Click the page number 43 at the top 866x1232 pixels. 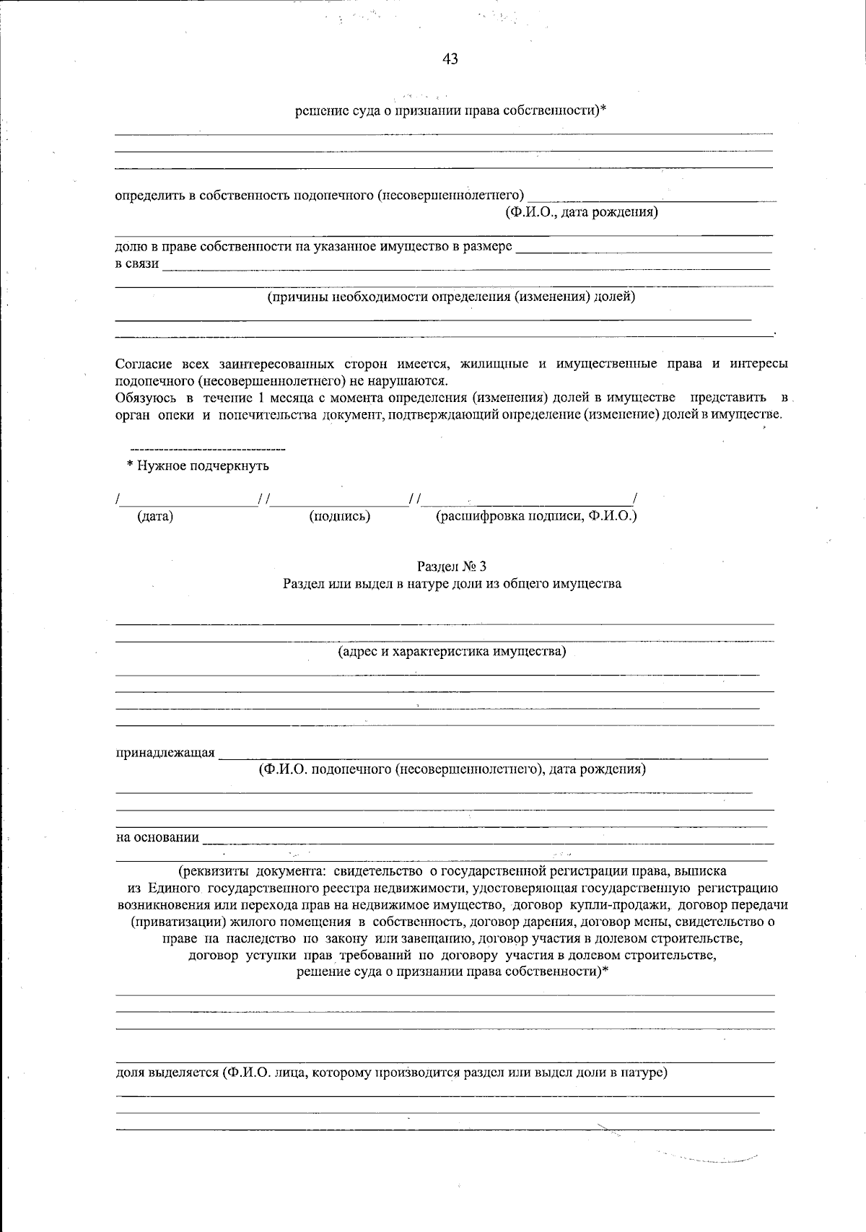tap(450, 59)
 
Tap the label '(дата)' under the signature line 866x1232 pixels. tap(155, 516)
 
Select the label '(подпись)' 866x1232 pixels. tap(339, 516)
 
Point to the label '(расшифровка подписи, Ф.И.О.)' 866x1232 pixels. tap(536, 516)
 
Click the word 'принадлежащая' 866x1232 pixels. tap(165, 753)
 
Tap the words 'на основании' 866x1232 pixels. tap(157, 837)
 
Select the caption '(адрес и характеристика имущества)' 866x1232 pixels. tap(452, 652)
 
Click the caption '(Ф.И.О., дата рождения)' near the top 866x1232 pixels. tap(582, 212)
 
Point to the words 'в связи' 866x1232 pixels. tap(137, 263)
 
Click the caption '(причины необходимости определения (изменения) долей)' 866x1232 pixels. tap(452, 297)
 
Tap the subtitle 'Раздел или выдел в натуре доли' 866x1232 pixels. tap(452, 584)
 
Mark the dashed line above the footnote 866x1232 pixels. tap(208, 450)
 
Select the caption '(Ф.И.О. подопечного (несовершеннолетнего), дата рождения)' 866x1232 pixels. tap(452, 769)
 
